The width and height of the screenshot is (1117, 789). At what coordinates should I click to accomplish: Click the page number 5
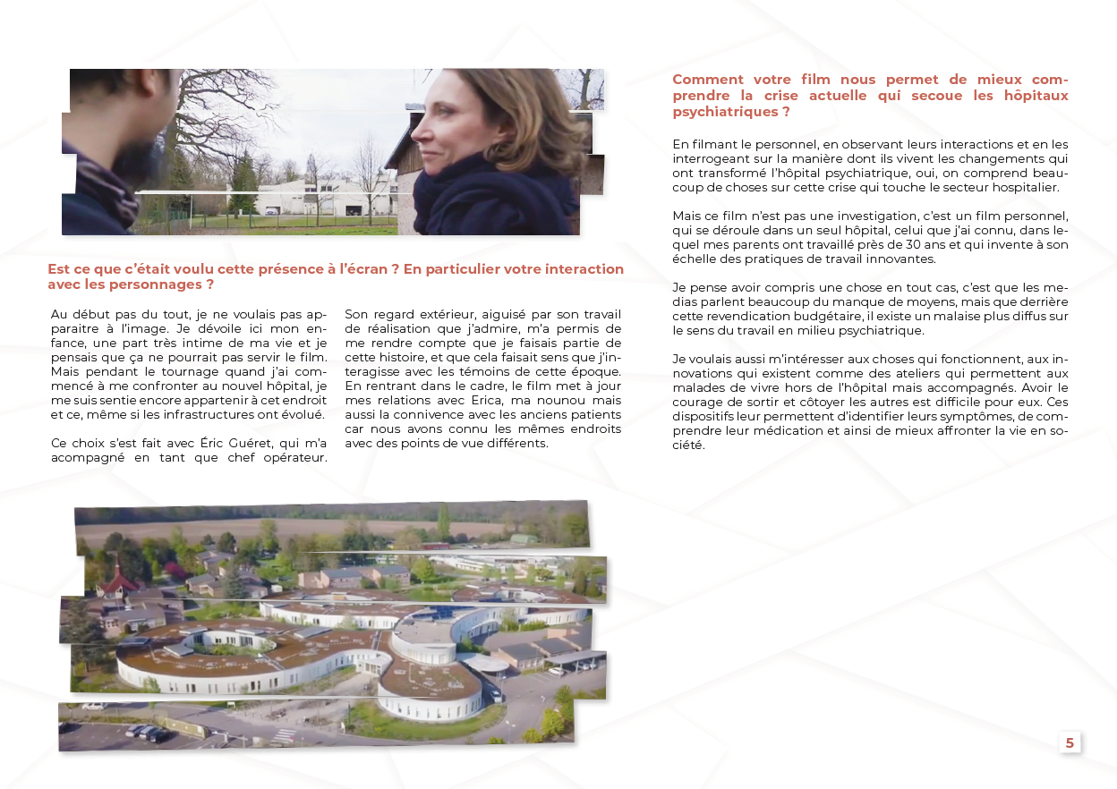tap(1070, 742)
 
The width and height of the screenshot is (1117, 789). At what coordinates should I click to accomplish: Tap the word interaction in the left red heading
tap(572, 269)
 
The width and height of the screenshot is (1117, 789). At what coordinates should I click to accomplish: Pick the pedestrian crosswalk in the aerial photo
tap(284, 734)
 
